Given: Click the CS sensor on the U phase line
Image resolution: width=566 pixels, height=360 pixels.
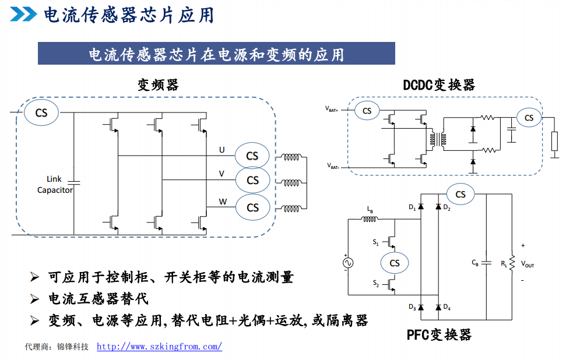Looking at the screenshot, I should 252,156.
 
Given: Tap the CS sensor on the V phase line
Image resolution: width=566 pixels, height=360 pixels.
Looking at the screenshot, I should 252,181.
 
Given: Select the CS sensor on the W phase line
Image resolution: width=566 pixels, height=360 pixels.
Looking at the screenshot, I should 252,207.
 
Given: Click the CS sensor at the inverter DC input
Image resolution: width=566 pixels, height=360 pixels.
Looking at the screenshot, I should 41,112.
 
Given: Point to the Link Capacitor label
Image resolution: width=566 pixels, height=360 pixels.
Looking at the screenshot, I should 55,185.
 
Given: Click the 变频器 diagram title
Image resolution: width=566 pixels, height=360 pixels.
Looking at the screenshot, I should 157,85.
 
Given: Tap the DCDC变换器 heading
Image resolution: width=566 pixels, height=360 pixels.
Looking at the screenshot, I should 439,85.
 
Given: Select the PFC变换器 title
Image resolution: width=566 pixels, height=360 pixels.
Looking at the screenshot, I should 439,334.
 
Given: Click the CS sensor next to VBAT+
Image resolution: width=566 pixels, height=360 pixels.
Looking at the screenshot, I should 367,111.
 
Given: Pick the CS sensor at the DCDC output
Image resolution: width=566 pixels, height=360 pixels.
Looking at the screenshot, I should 529,118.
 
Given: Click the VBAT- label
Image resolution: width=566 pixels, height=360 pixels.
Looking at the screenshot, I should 333,166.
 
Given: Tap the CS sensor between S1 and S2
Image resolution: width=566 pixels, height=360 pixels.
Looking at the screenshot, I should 395,263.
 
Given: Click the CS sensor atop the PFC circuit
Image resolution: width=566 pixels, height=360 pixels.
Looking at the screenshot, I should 460,194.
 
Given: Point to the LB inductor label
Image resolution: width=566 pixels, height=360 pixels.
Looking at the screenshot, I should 370,209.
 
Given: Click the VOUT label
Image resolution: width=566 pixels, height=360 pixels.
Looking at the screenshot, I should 527,264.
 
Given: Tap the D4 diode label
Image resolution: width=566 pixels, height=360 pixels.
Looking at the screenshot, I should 447,307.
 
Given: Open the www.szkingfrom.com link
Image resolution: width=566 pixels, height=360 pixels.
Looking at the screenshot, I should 159,347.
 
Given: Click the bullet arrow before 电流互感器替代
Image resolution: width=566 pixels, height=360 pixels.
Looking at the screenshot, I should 34,299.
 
